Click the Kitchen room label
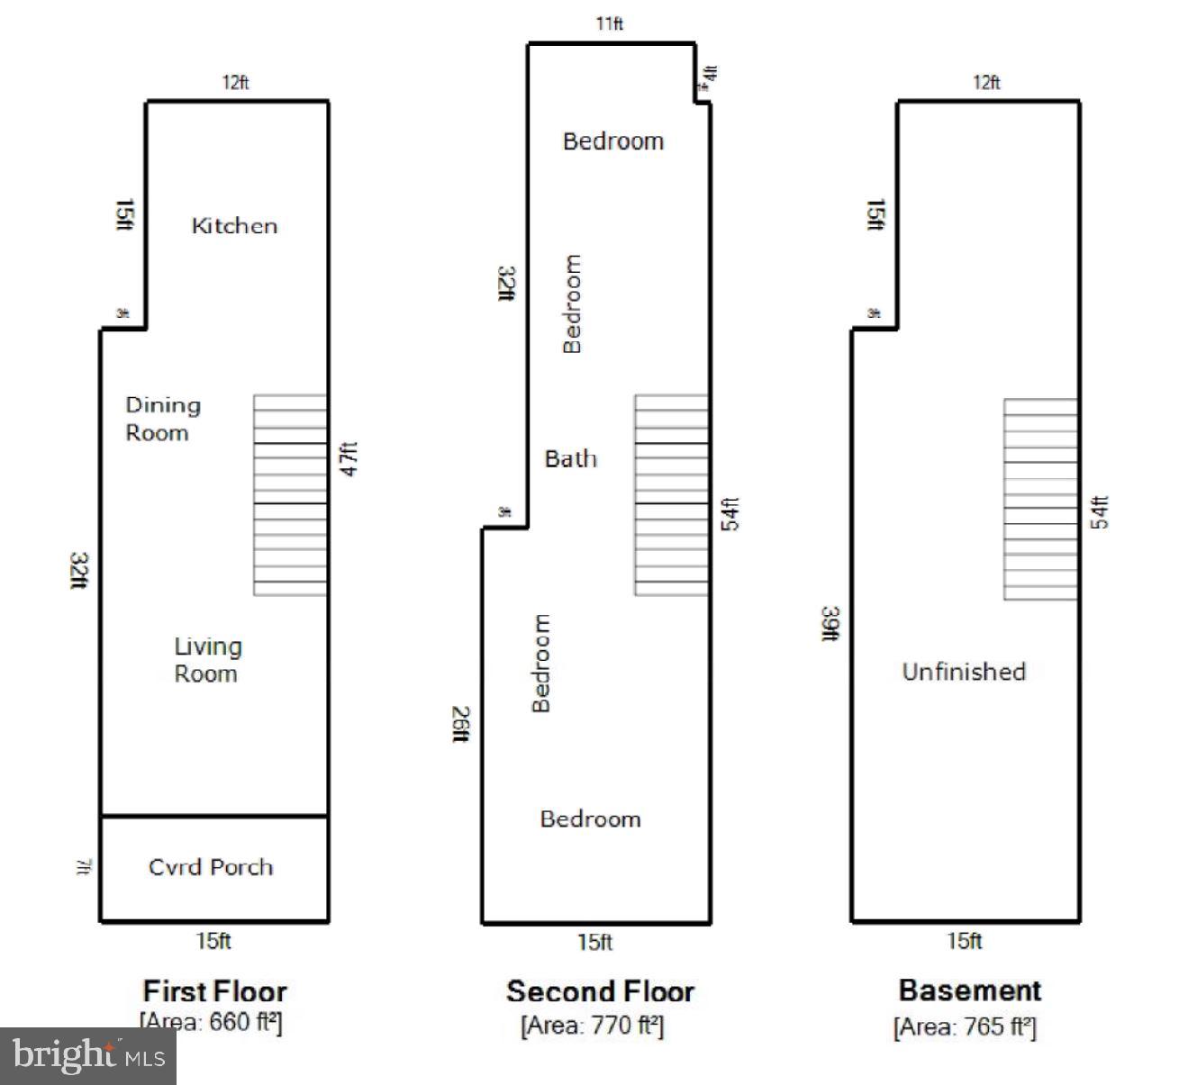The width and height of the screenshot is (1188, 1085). coord(234,226)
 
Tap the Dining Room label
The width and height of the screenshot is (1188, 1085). coord(162,419)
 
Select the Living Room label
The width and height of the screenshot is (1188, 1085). coord(207,660)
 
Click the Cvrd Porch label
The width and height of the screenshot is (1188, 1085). coord(211,867)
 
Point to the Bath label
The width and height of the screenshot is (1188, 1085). coord(570,459)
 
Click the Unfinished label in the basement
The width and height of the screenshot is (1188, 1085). coord(964,672)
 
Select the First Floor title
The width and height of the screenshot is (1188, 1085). coord(214,991)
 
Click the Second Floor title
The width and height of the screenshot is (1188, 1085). coord(600,991)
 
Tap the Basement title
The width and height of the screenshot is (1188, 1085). coord(970,990)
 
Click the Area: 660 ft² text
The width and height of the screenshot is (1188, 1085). coord(211,1023)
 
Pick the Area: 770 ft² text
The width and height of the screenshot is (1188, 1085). coord(592,1025)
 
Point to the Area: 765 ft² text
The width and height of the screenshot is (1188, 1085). coord(965,1026)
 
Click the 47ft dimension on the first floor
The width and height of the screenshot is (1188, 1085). coord(349,458)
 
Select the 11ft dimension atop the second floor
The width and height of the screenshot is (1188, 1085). coord(610,23)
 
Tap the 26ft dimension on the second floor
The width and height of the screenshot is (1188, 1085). coord(460,725)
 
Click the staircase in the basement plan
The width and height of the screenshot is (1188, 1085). coord(1040,500)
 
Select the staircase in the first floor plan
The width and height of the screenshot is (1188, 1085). coord(290,495)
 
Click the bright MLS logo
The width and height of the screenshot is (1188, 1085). coord(88,1055)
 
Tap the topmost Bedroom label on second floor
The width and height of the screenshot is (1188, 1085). coord(612,141)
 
